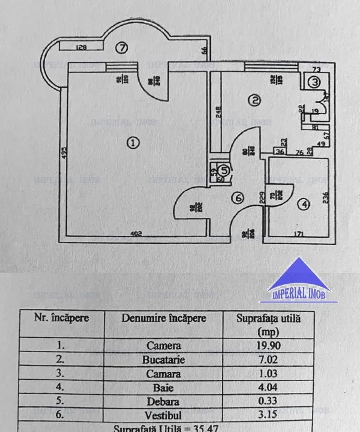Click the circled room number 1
(133, 142)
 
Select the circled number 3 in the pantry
(314, 83)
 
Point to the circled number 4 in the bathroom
(304, 205)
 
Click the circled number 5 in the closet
(223, 170)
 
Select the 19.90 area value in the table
(268, 345)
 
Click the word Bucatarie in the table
(164, 359)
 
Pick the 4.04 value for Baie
(268, 387)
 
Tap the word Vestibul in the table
(164, 415)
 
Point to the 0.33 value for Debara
(268, 401)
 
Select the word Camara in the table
(164, 373)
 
